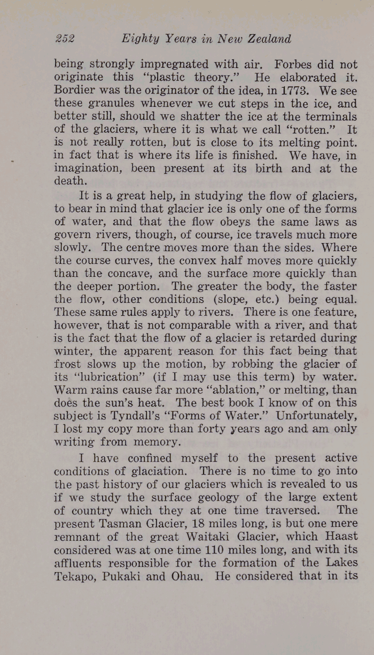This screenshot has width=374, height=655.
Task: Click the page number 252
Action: point(65,39)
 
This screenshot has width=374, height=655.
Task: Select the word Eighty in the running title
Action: point(139,39)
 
